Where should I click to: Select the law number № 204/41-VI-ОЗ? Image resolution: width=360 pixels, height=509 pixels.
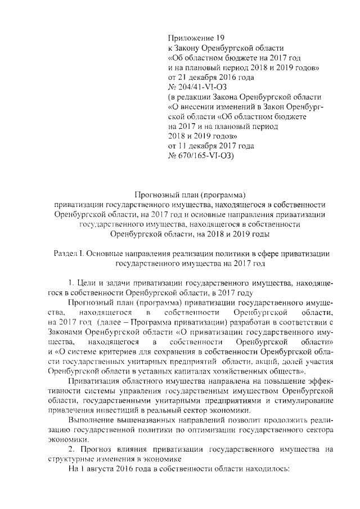tap(197, 86)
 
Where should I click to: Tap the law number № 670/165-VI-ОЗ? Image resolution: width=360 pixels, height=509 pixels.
tap(200, 156)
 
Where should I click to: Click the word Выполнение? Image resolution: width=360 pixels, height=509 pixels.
tap(90, 420)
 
